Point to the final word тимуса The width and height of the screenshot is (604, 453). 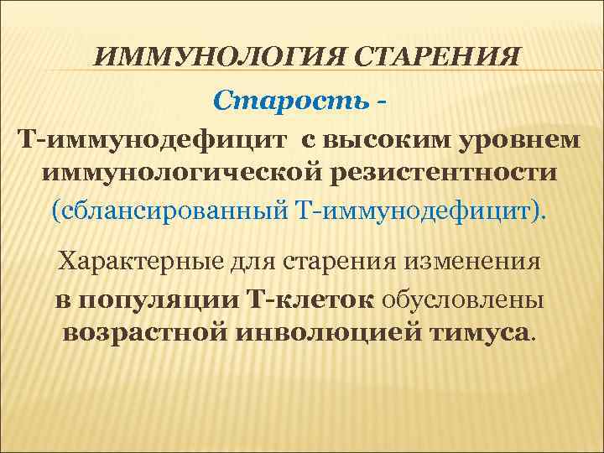(x=478, y=332)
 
